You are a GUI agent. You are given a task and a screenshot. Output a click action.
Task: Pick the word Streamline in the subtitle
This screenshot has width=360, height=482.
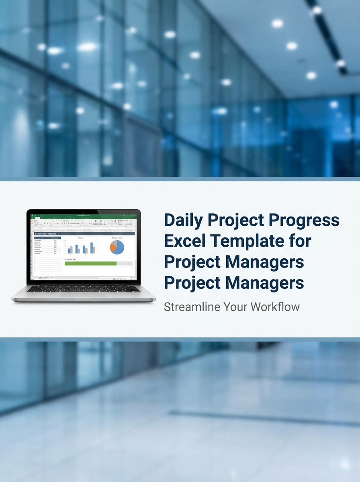tap(192, 307)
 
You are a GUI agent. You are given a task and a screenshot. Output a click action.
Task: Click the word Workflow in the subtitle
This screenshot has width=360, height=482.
tap(275, 307)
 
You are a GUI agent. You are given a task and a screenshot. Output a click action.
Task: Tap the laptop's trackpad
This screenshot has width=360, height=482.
tap(84, 295)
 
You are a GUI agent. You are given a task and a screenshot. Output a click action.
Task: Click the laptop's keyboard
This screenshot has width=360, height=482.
tap(84, 289)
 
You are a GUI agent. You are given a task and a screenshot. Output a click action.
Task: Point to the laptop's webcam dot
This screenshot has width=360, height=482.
tap(84, 211)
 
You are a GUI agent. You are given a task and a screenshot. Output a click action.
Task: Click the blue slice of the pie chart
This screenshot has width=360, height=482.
tap(119, 248)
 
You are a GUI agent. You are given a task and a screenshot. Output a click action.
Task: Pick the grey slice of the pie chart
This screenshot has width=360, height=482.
tap(115, 243)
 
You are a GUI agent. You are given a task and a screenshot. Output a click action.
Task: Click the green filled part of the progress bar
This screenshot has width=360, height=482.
tap(90, 263)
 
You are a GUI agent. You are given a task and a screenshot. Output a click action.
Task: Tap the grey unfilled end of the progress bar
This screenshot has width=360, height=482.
tap(125, 263)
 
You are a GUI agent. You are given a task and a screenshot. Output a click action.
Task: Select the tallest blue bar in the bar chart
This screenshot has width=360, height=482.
tap(92, 247)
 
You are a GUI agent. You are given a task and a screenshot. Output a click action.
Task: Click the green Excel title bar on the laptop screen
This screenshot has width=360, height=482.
tap(84, 216)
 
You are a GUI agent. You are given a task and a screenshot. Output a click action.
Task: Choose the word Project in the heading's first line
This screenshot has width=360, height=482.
tap(230, 221)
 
